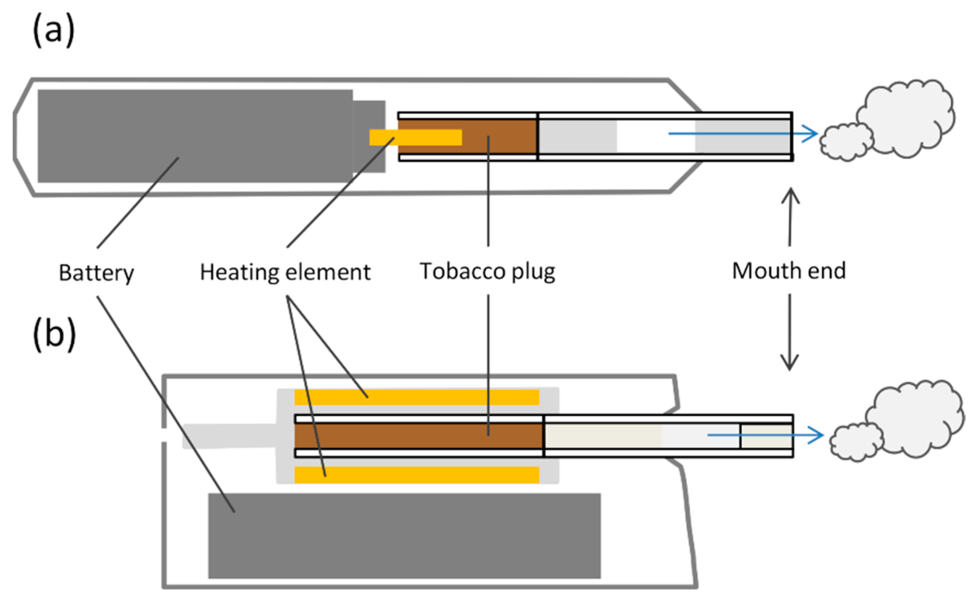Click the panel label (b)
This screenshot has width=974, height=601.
[54, 334]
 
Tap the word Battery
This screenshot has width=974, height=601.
[96, 273]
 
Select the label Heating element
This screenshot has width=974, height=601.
[285, 272]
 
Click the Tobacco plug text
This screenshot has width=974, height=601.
[487, 271]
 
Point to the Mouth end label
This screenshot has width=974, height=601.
[789, 270]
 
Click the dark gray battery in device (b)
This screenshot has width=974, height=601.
[404, 536]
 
